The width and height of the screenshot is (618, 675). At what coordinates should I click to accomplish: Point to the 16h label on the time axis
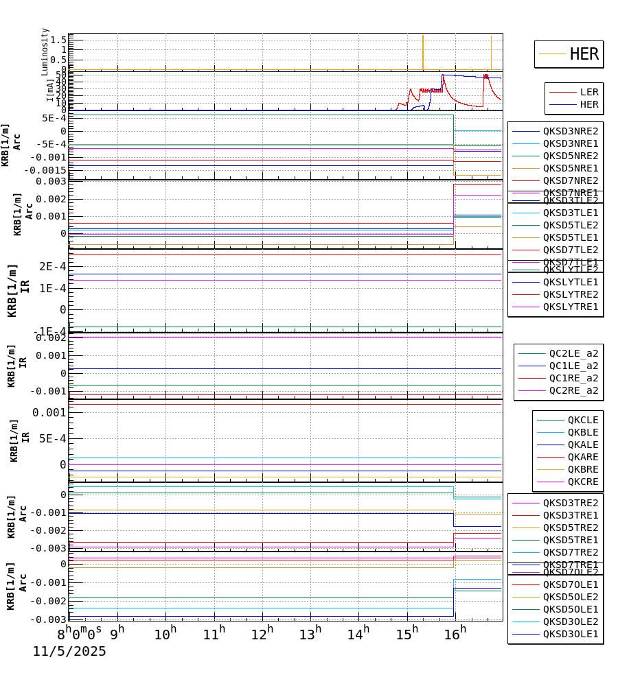pos(455,633)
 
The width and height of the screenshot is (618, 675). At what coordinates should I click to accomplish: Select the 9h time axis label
pos(117,632)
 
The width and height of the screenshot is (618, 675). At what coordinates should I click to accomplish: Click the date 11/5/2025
pos(69,652)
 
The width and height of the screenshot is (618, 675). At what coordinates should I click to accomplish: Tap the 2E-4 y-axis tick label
pos(52,266)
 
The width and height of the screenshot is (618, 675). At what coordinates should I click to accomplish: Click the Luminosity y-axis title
pos(45,51)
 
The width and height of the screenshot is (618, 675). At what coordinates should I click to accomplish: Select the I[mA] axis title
pos(50,90)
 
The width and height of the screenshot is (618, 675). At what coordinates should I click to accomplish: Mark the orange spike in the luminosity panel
pos(423,51)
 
